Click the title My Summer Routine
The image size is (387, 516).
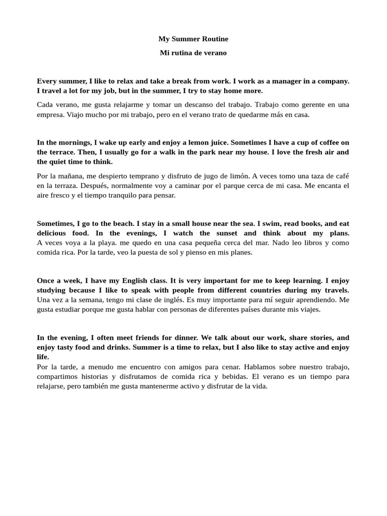[193, 39]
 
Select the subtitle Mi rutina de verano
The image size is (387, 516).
[193, 52]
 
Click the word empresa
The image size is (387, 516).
[50, 114]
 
